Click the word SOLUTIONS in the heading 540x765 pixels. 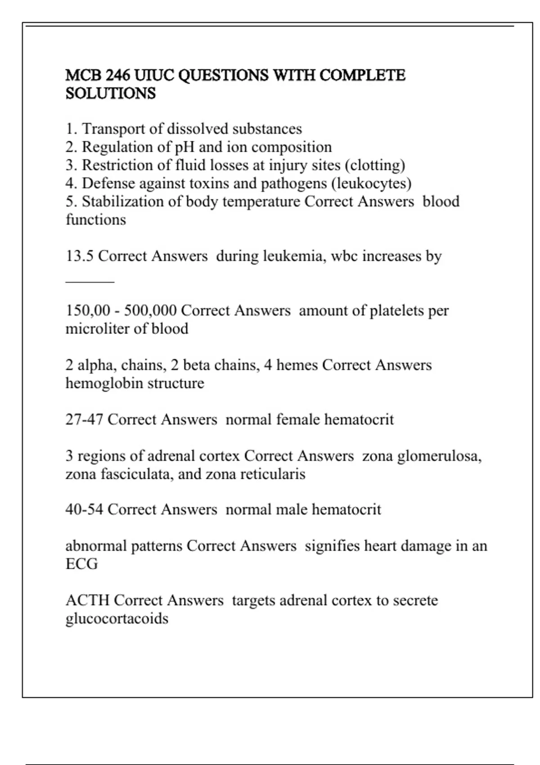(x=111, y=94)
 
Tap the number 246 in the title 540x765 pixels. (x=118, y=75)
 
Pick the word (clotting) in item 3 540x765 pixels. (x=375, y=166)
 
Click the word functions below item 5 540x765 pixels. (x=96, y=220)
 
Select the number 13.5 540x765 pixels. (x=80, y=256)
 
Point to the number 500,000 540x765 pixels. (x=150, y=310)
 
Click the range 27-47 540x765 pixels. (x=84, y=419)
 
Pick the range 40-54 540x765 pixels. (x=84, y=509)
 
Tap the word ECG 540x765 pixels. (x=81, y=564)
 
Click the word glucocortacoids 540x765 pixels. (x=117, y=619)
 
